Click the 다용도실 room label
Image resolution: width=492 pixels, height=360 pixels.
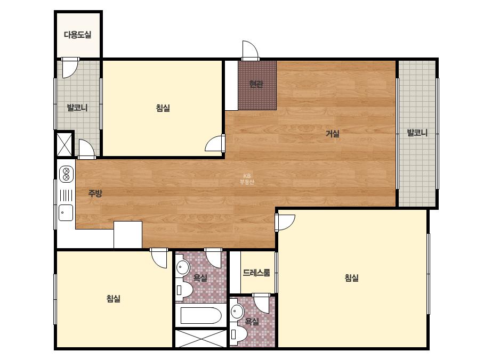(x=77, y=35)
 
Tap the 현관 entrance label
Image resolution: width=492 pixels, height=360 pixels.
(x=256, y=84)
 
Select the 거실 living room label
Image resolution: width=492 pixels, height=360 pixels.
(x=333, y=134)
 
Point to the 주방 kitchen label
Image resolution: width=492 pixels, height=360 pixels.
(x=95, y=193)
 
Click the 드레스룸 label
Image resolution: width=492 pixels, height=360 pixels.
(x=256, y=273)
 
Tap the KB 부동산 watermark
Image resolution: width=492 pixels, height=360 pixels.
(x=247, y=179)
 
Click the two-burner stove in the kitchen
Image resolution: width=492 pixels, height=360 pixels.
(x=66, y=174)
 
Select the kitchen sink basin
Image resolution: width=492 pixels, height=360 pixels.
(x=66, y=212)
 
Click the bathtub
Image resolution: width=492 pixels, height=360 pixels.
(x=201, y=315)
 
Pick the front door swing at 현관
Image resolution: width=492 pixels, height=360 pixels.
(x=250, y=50)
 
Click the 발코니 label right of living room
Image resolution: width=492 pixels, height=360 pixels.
(x=417, y=133)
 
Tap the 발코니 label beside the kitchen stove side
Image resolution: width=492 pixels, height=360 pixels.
(x=77, y=108)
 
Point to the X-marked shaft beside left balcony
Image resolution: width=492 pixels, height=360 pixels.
(x=64, y=144)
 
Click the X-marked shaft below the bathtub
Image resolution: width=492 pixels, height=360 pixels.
(x=201, y=338)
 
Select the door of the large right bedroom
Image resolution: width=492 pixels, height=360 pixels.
(x=285, y=223)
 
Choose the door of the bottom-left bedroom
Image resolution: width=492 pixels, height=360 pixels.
(x=159, y=258)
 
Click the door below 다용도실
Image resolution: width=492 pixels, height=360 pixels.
(x=70, y=68)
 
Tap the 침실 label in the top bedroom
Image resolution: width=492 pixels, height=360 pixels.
(x=163, y=108)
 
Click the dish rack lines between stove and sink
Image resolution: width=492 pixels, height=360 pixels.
(x=66, y=195)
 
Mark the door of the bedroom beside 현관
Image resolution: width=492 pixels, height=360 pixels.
(x=215, y=143)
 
